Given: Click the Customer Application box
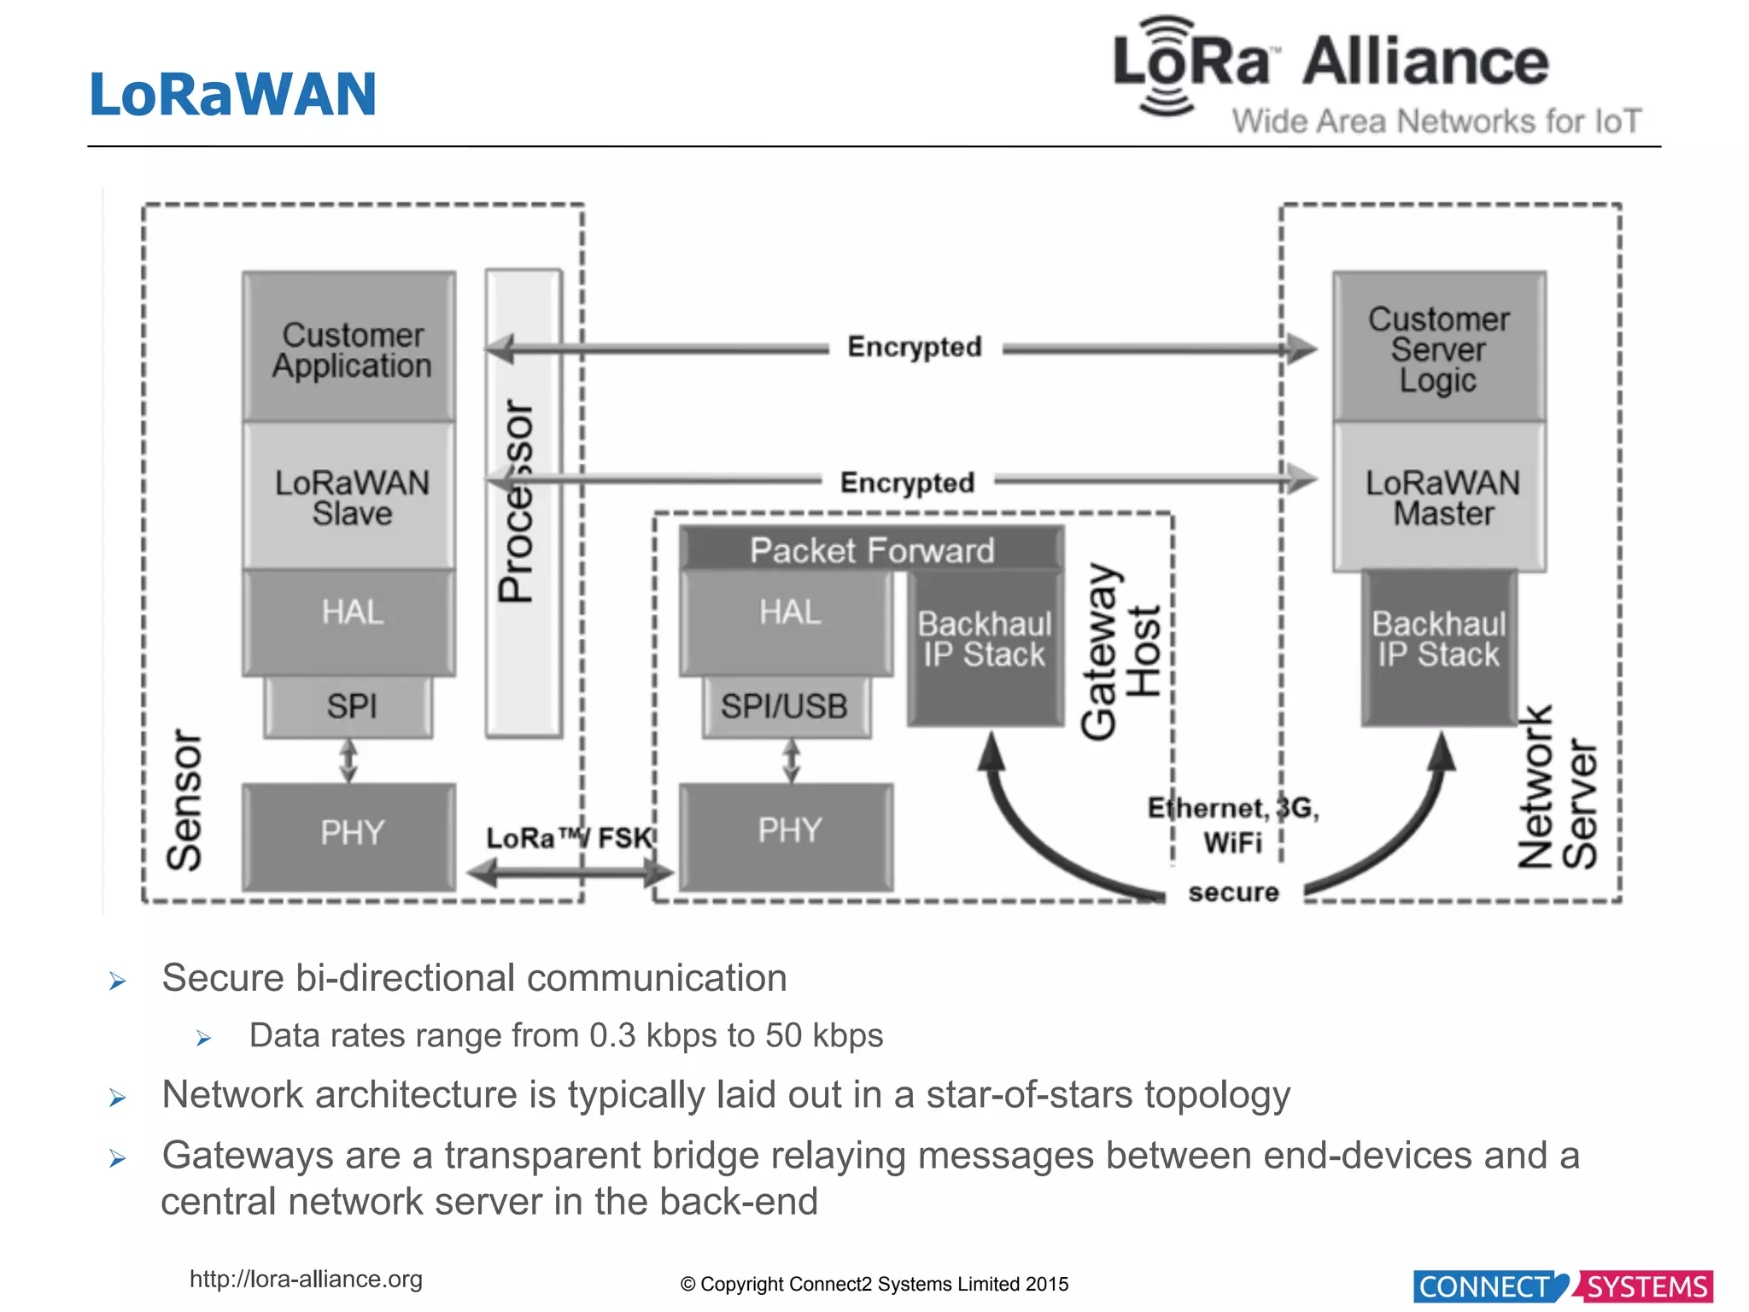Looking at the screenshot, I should click(349, 348).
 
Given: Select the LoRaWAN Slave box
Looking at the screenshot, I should click(349, 497).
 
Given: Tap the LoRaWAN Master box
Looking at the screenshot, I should click(1440, 497).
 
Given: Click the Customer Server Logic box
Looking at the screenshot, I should click(1440, 348).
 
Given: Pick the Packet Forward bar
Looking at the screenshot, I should click(872, 550).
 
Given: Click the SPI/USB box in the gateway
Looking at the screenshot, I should click(786, 706).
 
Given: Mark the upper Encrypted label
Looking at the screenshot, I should click(915, 347).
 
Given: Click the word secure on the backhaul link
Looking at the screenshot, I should click(1233, 893).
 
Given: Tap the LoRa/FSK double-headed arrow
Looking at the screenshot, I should click(570, 873).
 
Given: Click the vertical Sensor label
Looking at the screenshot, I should click(184, 799).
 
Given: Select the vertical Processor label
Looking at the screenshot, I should click(518, 501).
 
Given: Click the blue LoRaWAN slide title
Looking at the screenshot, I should click(233, 94).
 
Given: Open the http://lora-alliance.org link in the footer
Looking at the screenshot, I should click(306, 1279).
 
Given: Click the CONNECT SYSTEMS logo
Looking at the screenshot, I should click(1563, 1286).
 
